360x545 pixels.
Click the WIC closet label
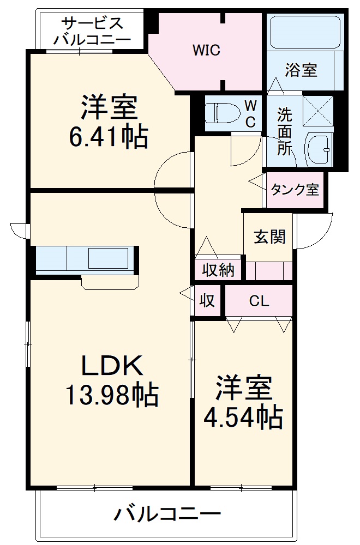(206, 51)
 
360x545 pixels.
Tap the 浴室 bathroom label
(301, 70)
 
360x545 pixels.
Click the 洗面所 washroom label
(284, 132)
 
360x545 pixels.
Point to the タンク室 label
(295, 190)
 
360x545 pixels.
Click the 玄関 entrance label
(269, 237)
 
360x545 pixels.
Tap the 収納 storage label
(218, 270)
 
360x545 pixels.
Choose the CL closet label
(259, 301)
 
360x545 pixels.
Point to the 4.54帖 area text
(243, 417)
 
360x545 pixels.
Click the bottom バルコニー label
(167, 513)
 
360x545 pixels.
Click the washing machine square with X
(318, 111)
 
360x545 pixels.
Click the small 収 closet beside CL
(207, 300)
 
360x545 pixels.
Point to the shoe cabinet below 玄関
(268, 271)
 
